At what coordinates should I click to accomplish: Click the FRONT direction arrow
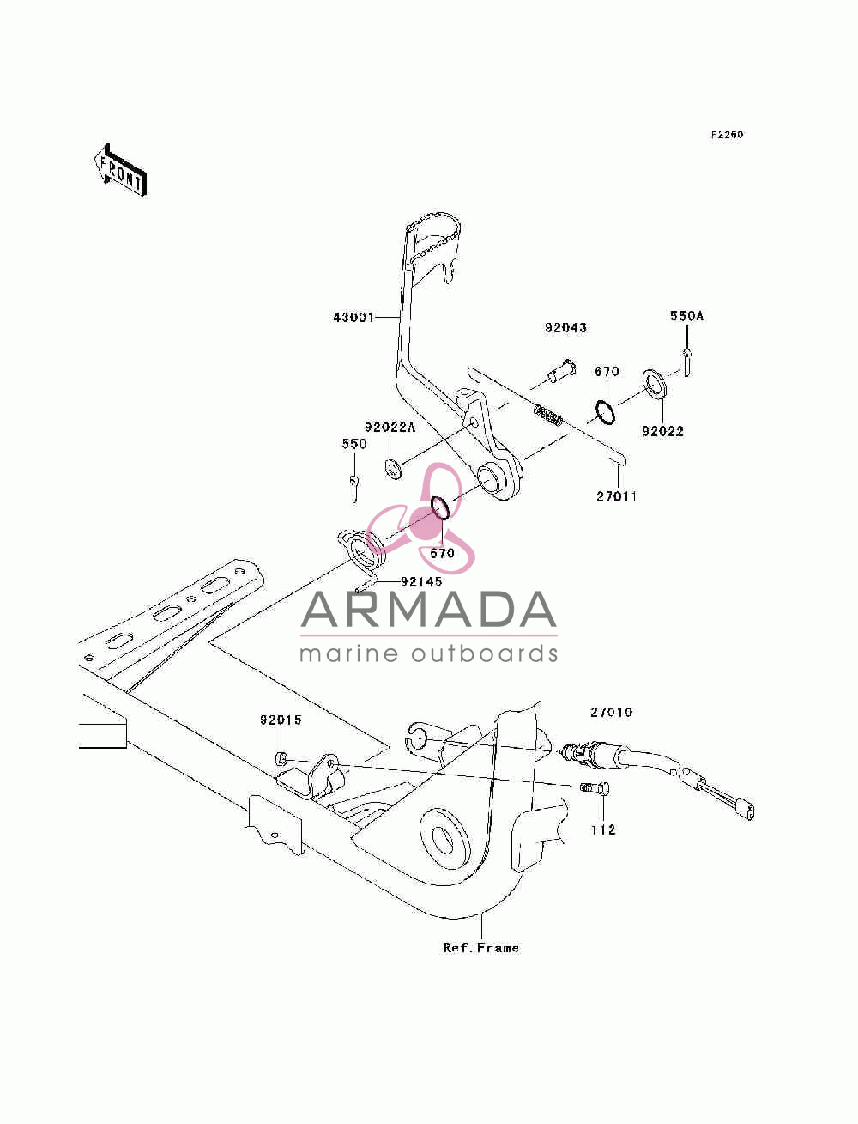click(120, 169)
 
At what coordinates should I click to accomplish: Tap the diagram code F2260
click(726, 135)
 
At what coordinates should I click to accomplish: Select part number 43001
click(353, 318)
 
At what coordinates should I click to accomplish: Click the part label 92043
click(565, 328)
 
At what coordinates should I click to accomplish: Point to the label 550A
click(686, 317)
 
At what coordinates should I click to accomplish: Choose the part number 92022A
click(390, 427)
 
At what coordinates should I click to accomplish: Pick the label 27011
click(616, 496)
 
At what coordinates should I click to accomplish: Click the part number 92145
click(421, 581)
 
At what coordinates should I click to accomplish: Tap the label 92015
click(281, 720)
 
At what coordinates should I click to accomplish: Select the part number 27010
click(612, 713)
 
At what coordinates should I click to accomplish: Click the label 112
click(604, 830)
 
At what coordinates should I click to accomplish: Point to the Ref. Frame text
click(480, 948)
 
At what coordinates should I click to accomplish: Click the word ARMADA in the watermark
click(429, 610)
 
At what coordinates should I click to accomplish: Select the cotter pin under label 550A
click(686, 362)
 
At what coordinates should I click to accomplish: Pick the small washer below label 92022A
click(393, 469)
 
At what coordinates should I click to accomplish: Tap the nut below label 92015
click(281, 757)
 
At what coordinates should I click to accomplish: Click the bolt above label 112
click(595, 787)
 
